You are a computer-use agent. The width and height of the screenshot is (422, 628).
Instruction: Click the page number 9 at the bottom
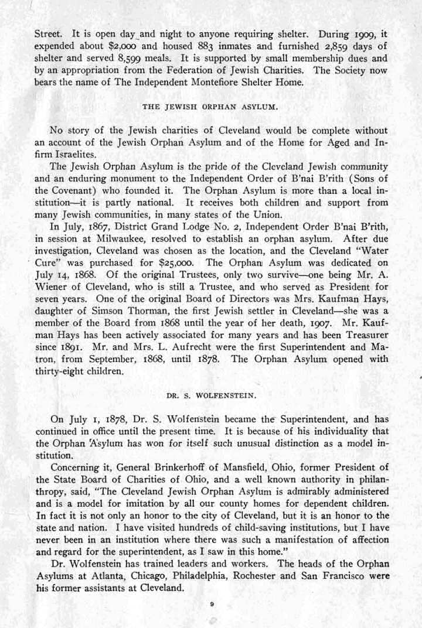pos(211,602)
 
